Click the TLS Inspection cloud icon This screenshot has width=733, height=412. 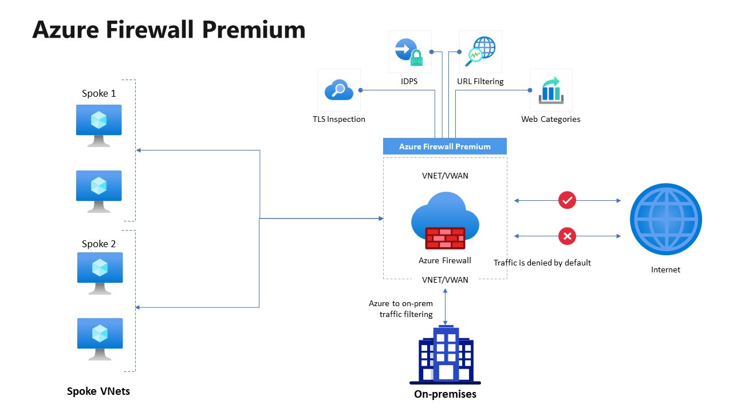point(339,90)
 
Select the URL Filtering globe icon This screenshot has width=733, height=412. point(480,51)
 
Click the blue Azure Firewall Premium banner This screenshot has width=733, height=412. point(444,146)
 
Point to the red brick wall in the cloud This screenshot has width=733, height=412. point(445,237)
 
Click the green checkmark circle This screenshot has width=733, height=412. point(567,200)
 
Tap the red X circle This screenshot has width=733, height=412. point(567,236)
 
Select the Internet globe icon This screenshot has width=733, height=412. point(665,219)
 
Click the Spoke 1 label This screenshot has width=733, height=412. point(98,93)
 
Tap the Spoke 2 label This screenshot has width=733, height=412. point(98,244)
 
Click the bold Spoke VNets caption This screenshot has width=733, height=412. point(98,391)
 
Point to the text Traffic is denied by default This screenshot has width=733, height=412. point(542,263)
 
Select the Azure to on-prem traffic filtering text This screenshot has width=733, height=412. point(400,309)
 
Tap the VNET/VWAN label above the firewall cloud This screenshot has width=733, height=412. point(445,176)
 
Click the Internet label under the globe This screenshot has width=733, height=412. point(665,270)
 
